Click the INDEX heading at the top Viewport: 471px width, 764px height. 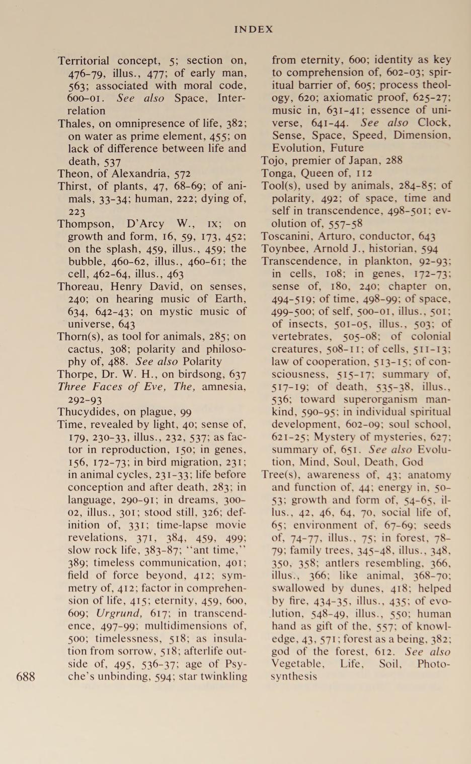click(x=254, y=29)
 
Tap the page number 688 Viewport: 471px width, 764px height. click(x=26, y=676)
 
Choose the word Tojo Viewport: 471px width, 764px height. click(x=272, y=161)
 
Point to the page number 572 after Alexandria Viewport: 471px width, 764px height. click(x=182, y=174)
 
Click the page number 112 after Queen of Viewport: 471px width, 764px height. click(x=364, y=173)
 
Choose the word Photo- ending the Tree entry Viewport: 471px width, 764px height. click(x=434, y=664)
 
